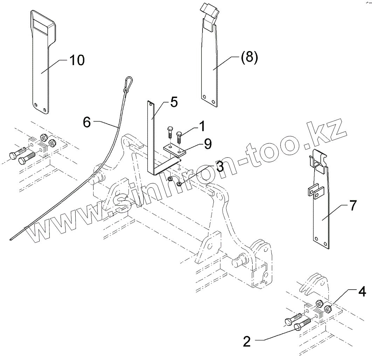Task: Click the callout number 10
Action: pyautogui.click(x=77, y=60)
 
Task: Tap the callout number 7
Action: pyautogui.click(x=353, y=206)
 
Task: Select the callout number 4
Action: pyautogui.click(x=362, y=291)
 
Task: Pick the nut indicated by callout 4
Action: pyautogui.click(x=328, y=309)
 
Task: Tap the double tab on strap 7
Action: pyautogui.click(x=316, y=192)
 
